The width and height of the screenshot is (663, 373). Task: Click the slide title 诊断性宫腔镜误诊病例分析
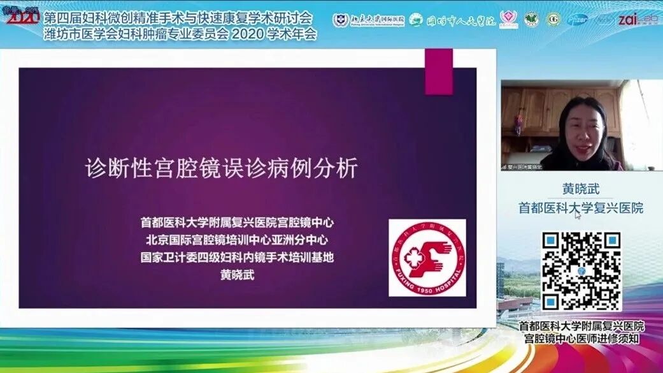click(x=222, y=168)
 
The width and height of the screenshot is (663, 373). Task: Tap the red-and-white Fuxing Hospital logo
click(x=427, y=258)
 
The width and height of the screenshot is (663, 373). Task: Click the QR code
click(x=581, y=271)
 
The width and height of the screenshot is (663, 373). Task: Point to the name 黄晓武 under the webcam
click(x=581, y=189)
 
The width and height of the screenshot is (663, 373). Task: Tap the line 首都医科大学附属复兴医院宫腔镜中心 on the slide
click(x=237, y=223)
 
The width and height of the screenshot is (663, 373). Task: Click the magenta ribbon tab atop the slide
click(x=439, y=71)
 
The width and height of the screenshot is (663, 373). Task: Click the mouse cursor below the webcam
click(x=578, y=216)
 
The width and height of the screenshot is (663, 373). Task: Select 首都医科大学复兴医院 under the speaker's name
click(x=581, y=208)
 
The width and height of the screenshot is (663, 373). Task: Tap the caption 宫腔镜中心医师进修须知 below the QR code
click(x=581, y=339)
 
